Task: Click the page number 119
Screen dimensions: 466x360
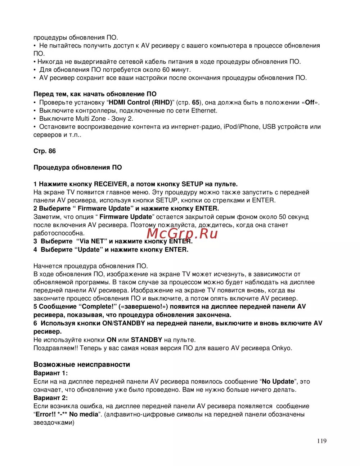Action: (x=322, y=441)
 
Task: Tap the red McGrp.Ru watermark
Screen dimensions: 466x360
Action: (x=182, y=234)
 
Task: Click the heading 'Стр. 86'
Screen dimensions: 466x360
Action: (x=45, y=151)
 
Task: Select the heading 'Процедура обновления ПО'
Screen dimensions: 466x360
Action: (x=78, y=167)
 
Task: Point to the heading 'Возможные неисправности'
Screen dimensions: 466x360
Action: (x=82, y=364)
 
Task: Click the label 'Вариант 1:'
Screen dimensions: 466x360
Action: (x=50, y=373)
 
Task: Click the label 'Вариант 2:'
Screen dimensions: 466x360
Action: (x=50, y=398)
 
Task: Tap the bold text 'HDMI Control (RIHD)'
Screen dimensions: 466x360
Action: (x=140, y=102)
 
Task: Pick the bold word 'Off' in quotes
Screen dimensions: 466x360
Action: (x=310, y=102)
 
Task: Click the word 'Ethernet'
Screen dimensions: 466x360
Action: (x=204, y=111)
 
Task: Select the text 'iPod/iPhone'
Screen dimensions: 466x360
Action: (x=241, y=127)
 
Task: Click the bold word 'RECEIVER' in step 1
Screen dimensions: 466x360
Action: (x=111, y=184)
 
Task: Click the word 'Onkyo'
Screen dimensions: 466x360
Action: (x=281, y=348)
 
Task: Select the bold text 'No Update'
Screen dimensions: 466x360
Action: (x=278, y=381)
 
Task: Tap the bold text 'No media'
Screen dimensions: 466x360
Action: (x=84, y=415)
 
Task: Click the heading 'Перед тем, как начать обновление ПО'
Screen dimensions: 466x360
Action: (x=95, y=94)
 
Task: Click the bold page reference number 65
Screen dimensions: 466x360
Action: (x=195, y=102)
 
